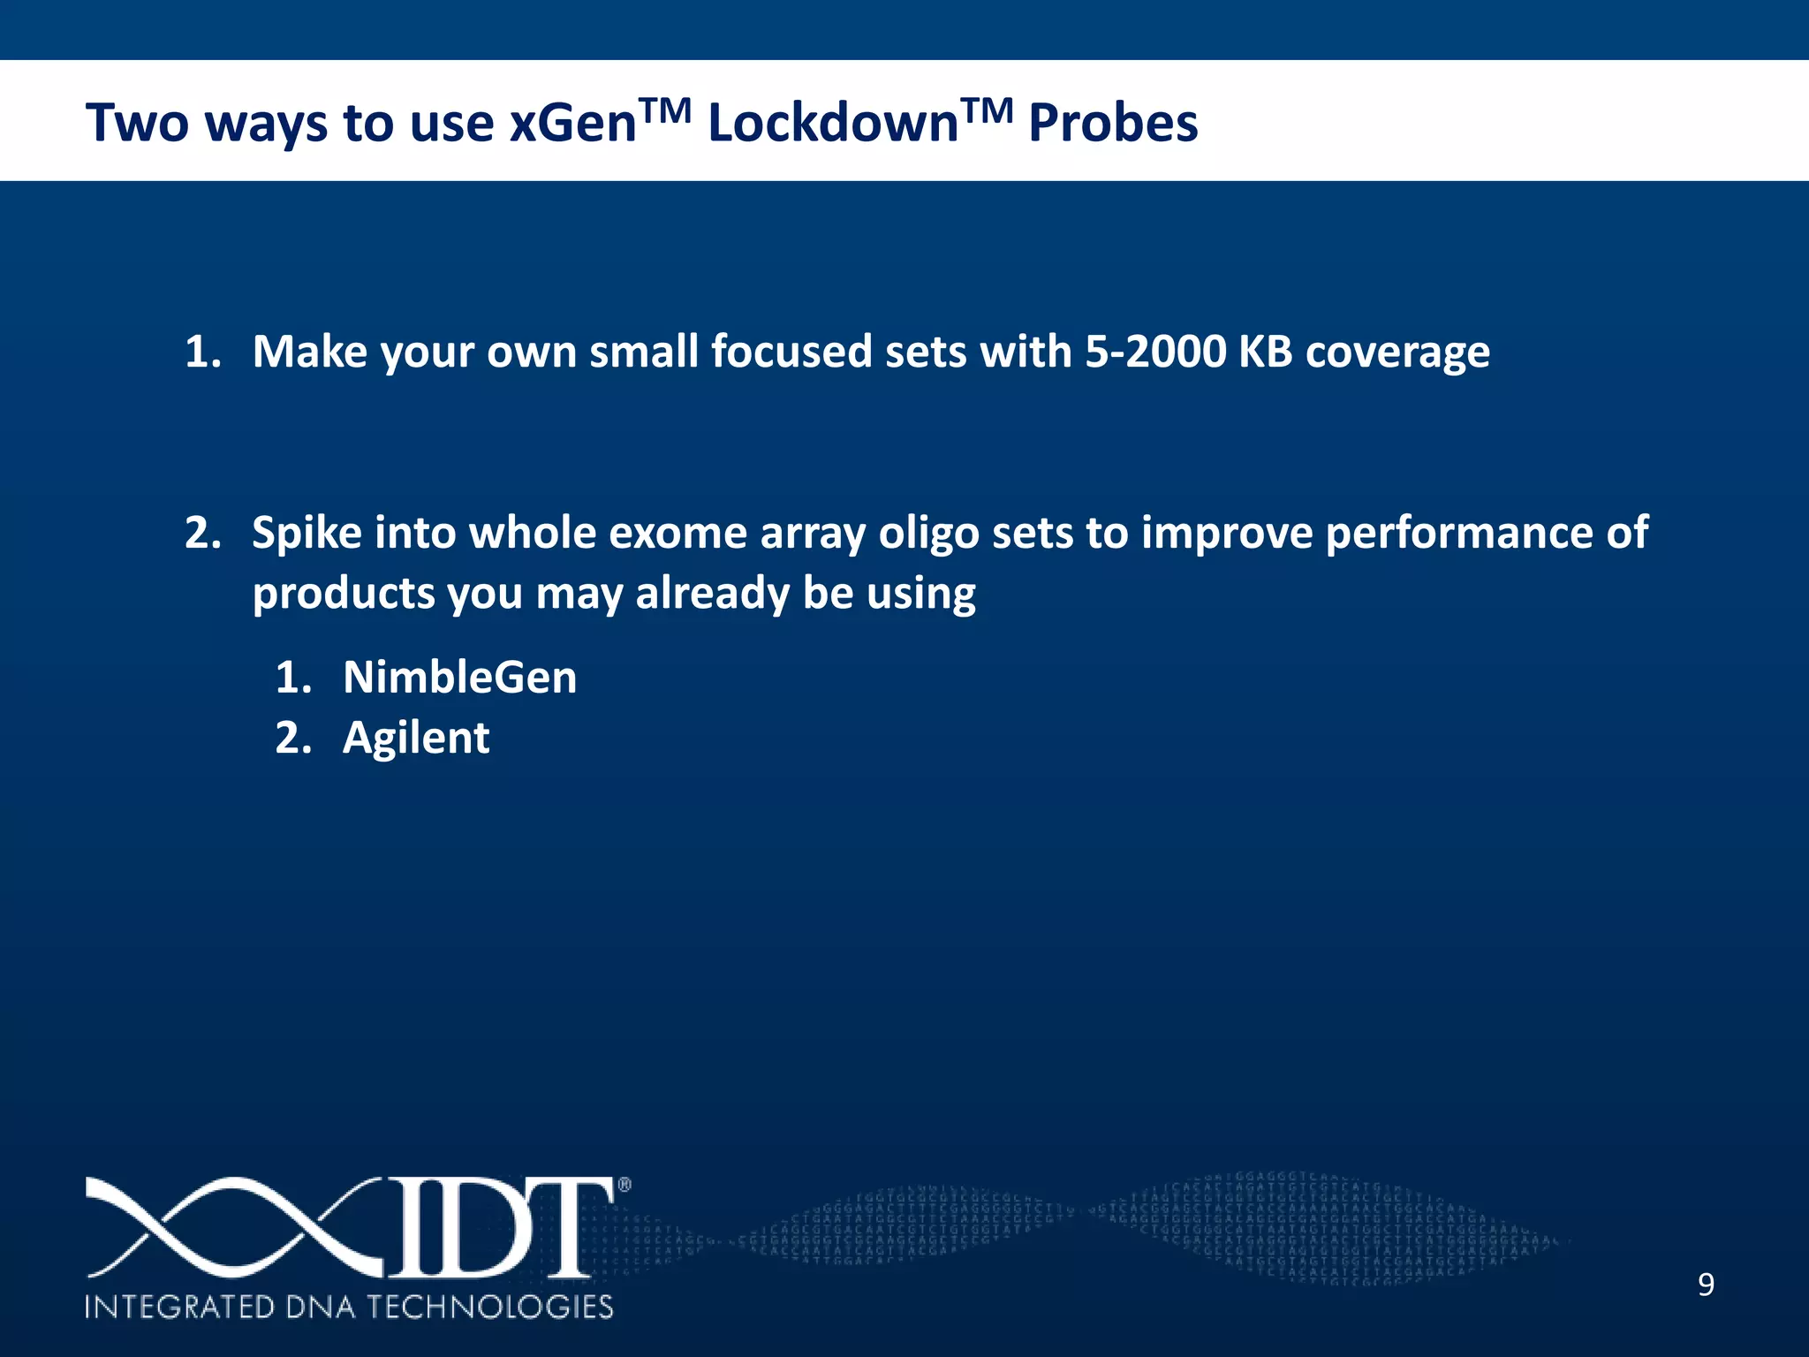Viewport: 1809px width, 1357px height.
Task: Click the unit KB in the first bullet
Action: [1265, 352]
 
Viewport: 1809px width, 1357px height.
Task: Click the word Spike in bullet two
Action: [307, 534]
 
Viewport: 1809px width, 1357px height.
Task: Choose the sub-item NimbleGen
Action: [459, 678]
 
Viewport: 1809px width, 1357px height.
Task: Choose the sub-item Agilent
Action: [415, 739]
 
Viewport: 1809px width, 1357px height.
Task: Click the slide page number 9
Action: [1706, 1285]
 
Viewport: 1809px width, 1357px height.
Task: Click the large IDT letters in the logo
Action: [499, 1228]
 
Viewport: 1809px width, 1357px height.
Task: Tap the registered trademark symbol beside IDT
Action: [624, 1186]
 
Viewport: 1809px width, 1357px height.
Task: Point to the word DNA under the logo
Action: [321, 1307]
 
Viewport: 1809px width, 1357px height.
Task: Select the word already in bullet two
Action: [712, 593]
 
